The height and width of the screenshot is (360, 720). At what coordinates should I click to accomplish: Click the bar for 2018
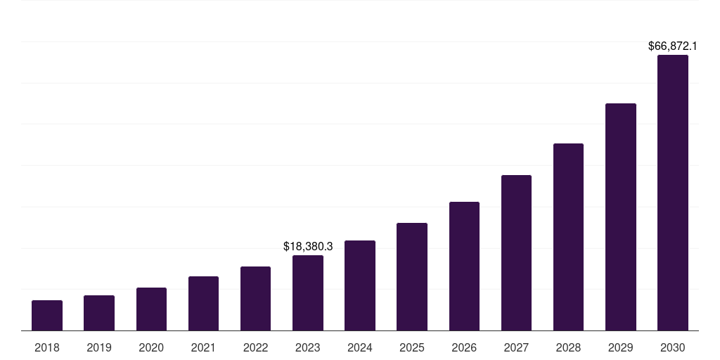click(47, 316)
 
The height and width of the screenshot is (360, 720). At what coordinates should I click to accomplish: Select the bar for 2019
click(99, 313)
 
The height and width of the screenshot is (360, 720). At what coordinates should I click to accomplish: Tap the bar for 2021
click(203, 304)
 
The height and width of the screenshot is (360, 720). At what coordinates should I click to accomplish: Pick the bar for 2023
click(308, 293)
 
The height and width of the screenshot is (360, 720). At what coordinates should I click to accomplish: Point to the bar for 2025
click(412, 277)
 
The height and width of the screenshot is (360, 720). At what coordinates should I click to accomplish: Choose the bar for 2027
click(516, 253)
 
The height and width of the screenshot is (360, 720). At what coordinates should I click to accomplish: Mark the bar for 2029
click(620, 217)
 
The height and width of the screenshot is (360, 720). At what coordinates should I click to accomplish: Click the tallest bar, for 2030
click(672, 193)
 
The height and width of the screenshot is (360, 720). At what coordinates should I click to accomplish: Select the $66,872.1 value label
click(672, 46)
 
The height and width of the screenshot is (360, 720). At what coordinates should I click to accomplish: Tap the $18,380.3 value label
click(308, 247)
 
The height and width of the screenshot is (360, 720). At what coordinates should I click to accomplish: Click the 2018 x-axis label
click(47, 347)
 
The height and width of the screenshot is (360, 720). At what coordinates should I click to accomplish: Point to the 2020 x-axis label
click(151, 347)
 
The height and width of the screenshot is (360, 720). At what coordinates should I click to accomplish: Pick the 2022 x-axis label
click(255, 347)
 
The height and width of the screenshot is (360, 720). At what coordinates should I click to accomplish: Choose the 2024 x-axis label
click(360, 347)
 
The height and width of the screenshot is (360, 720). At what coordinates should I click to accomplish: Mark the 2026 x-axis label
click(464, 347)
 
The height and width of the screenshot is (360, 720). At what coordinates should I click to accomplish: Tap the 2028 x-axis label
click(568, 347)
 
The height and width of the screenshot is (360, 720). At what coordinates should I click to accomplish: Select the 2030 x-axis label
click(672, 347)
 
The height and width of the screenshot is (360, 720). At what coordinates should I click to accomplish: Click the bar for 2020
click(151, 309)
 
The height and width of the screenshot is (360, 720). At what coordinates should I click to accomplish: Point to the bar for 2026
click(464, 266)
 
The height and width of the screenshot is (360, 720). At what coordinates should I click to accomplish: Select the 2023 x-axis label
click(308, 347)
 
